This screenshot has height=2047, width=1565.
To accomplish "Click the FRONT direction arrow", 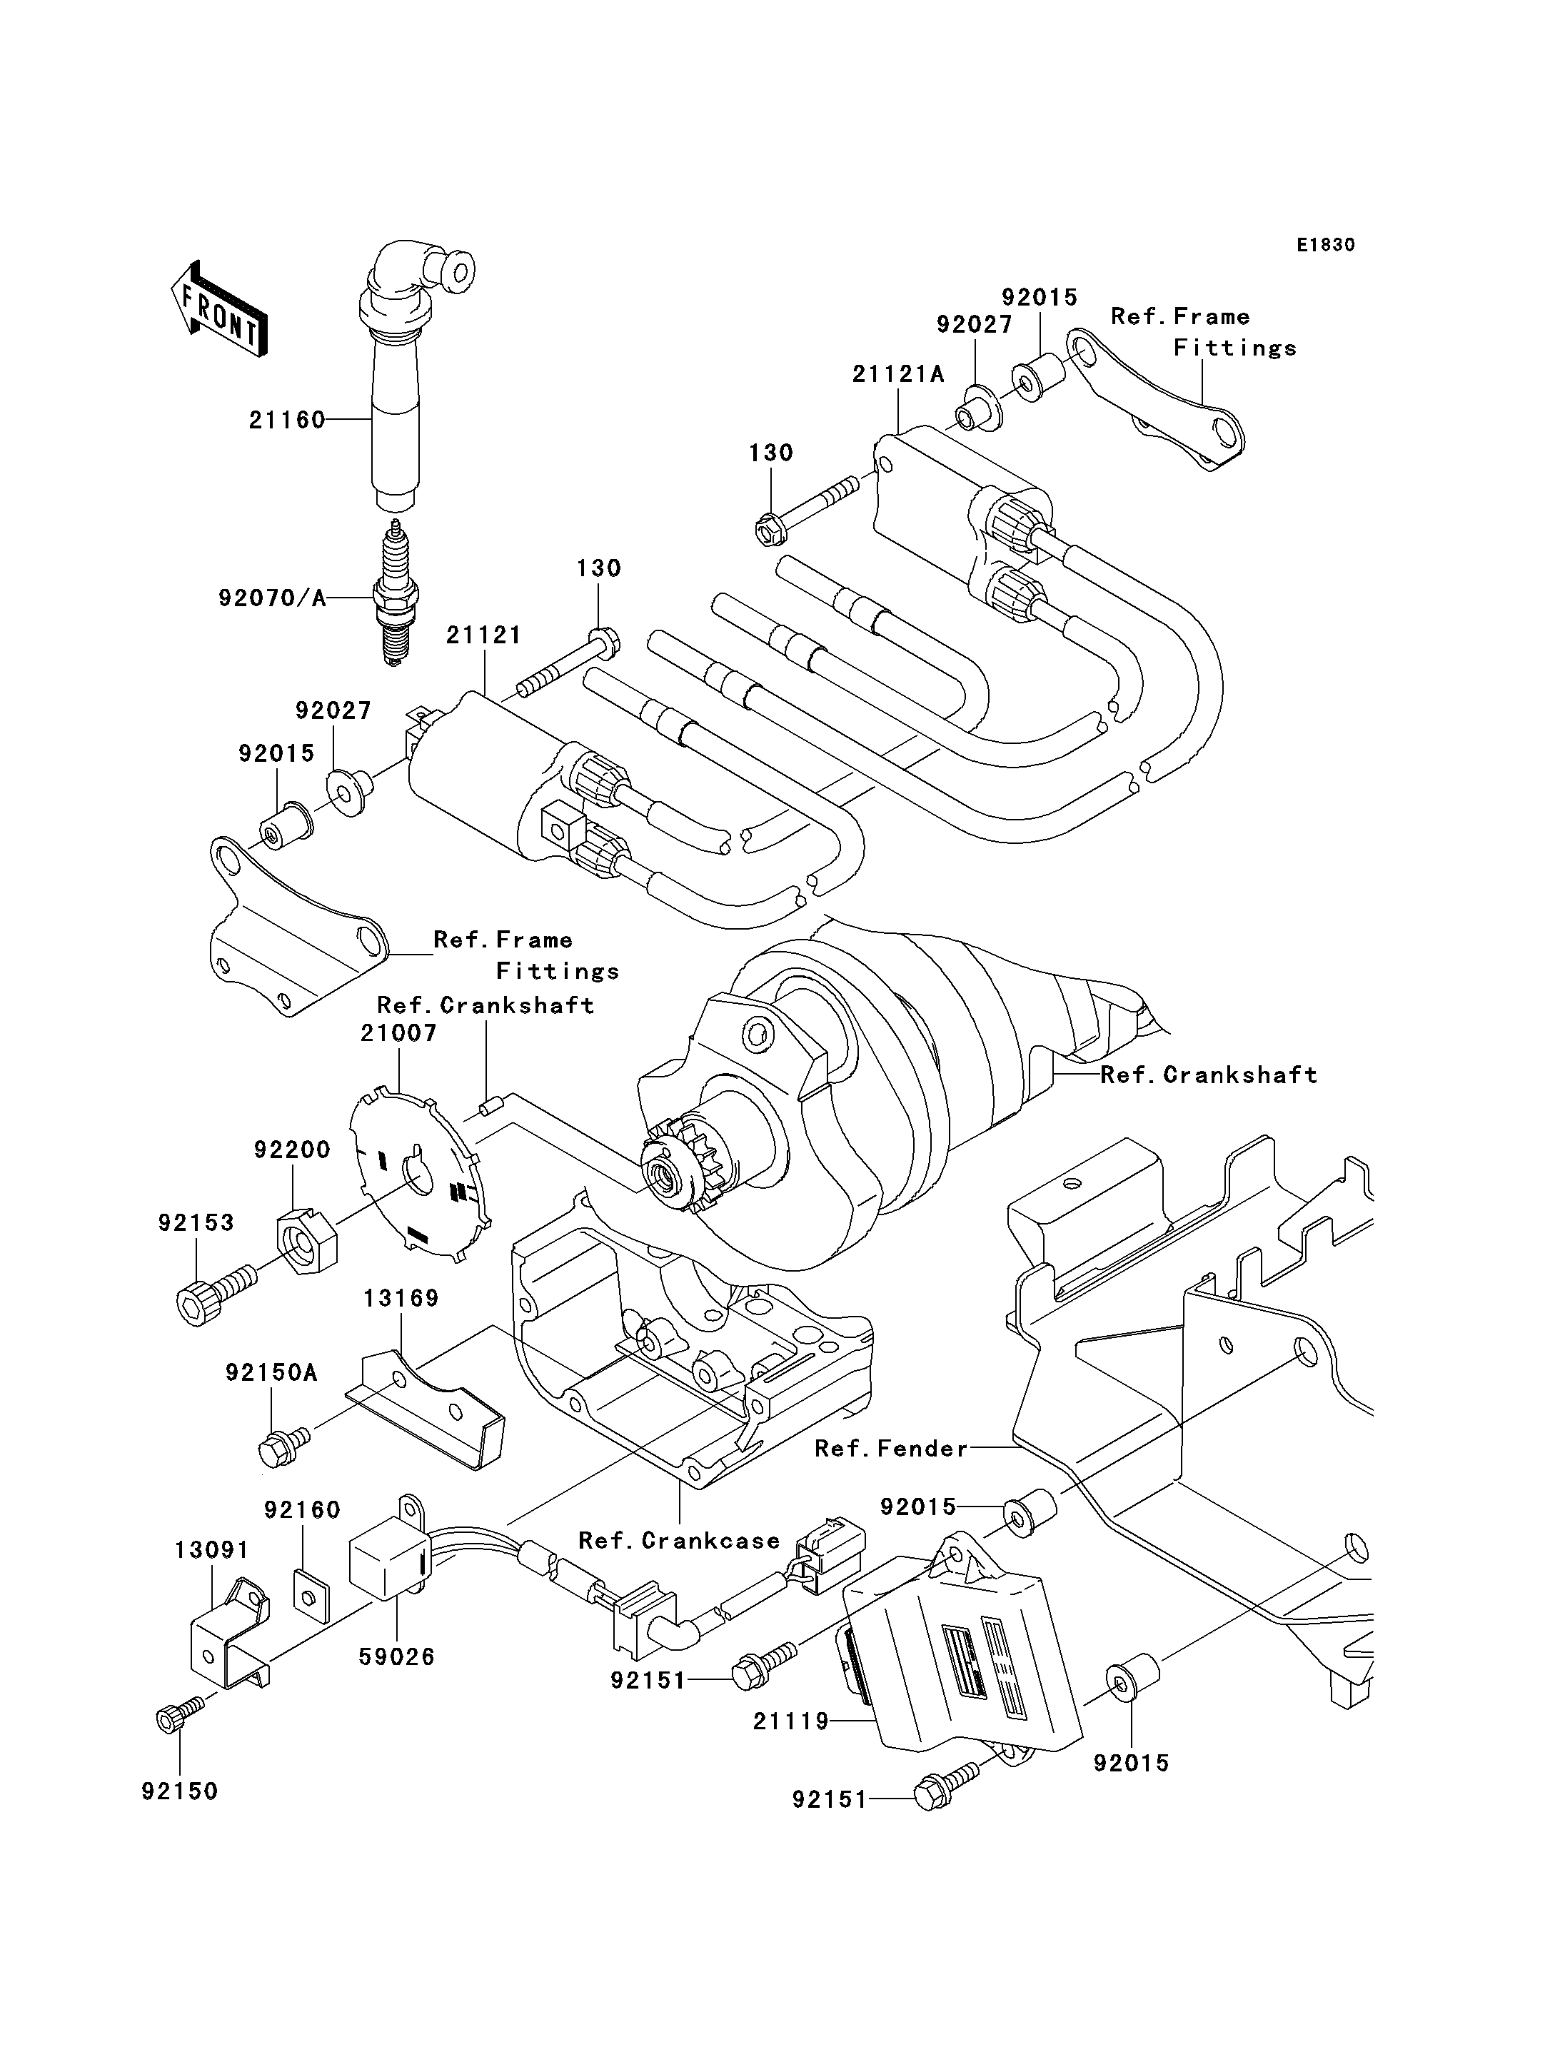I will point(220,308).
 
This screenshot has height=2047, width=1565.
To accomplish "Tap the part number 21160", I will point(287,421).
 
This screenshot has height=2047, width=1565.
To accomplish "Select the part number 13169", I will point(401,1298).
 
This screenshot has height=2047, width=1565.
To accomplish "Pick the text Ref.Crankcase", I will point(679,1541).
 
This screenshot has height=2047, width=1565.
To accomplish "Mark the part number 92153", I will point(196,1222).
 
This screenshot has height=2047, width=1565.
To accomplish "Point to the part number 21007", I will point(398,1032).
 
